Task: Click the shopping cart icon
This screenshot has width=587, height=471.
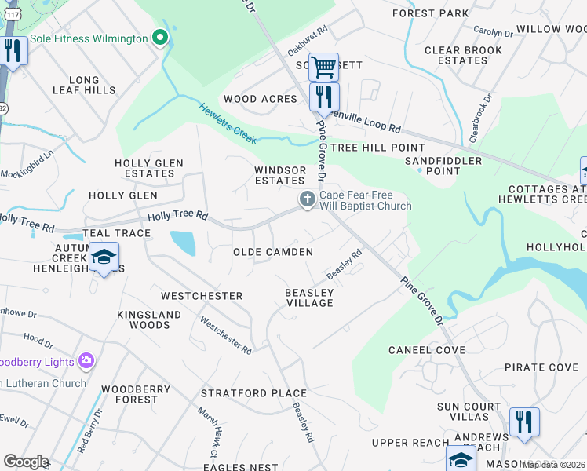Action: click(323, 68)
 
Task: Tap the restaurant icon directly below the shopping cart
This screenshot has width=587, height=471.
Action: click(323, 97)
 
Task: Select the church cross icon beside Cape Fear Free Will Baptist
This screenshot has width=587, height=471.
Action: click(306, 201)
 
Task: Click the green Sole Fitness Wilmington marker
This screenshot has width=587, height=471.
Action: click(160, 38)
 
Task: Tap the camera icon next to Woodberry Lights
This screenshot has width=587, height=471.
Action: click(86, 362)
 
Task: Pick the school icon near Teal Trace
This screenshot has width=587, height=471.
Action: click(104, 258)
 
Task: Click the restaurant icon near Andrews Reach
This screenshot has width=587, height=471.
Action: click(523, 422)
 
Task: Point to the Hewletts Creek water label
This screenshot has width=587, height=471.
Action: click(228, 123)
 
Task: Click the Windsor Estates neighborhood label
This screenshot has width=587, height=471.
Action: click(280, 175)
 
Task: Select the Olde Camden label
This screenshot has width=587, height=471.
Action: click(273, 252)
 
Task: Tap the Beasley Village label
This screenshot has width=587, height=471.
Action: click(309, 298)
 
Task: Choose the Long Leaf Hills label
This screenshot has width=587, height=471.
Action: click(84, 86)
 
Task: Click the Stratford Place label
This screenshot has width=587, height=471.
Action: click(253, 392)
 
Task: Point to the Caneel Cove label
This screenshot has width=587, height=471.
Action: click(428, 350)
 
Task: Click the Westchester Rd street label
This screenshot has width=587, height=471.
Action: click(226, 334)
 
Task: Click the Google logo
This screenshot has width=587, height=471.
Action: click(25, 462)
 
